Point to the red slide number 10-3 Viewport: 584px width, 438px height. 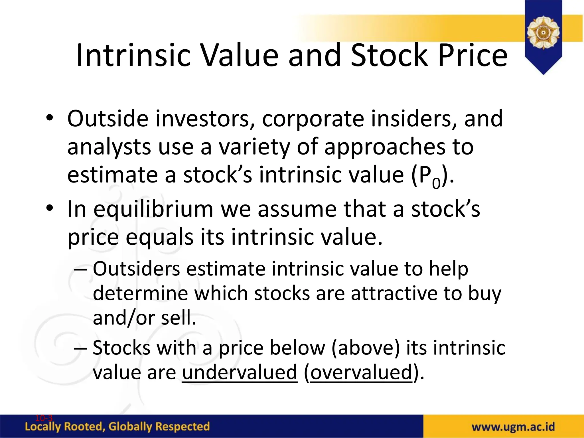pos(44,418)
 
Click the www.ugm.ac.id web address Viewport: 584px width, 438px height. pos(513,427)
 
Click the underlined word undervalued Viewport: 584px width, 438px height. pos(240,372)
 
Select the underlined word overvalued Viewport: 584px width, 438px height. pos(361,372)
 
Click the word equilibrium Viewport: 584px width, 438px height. pos(153,210)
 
